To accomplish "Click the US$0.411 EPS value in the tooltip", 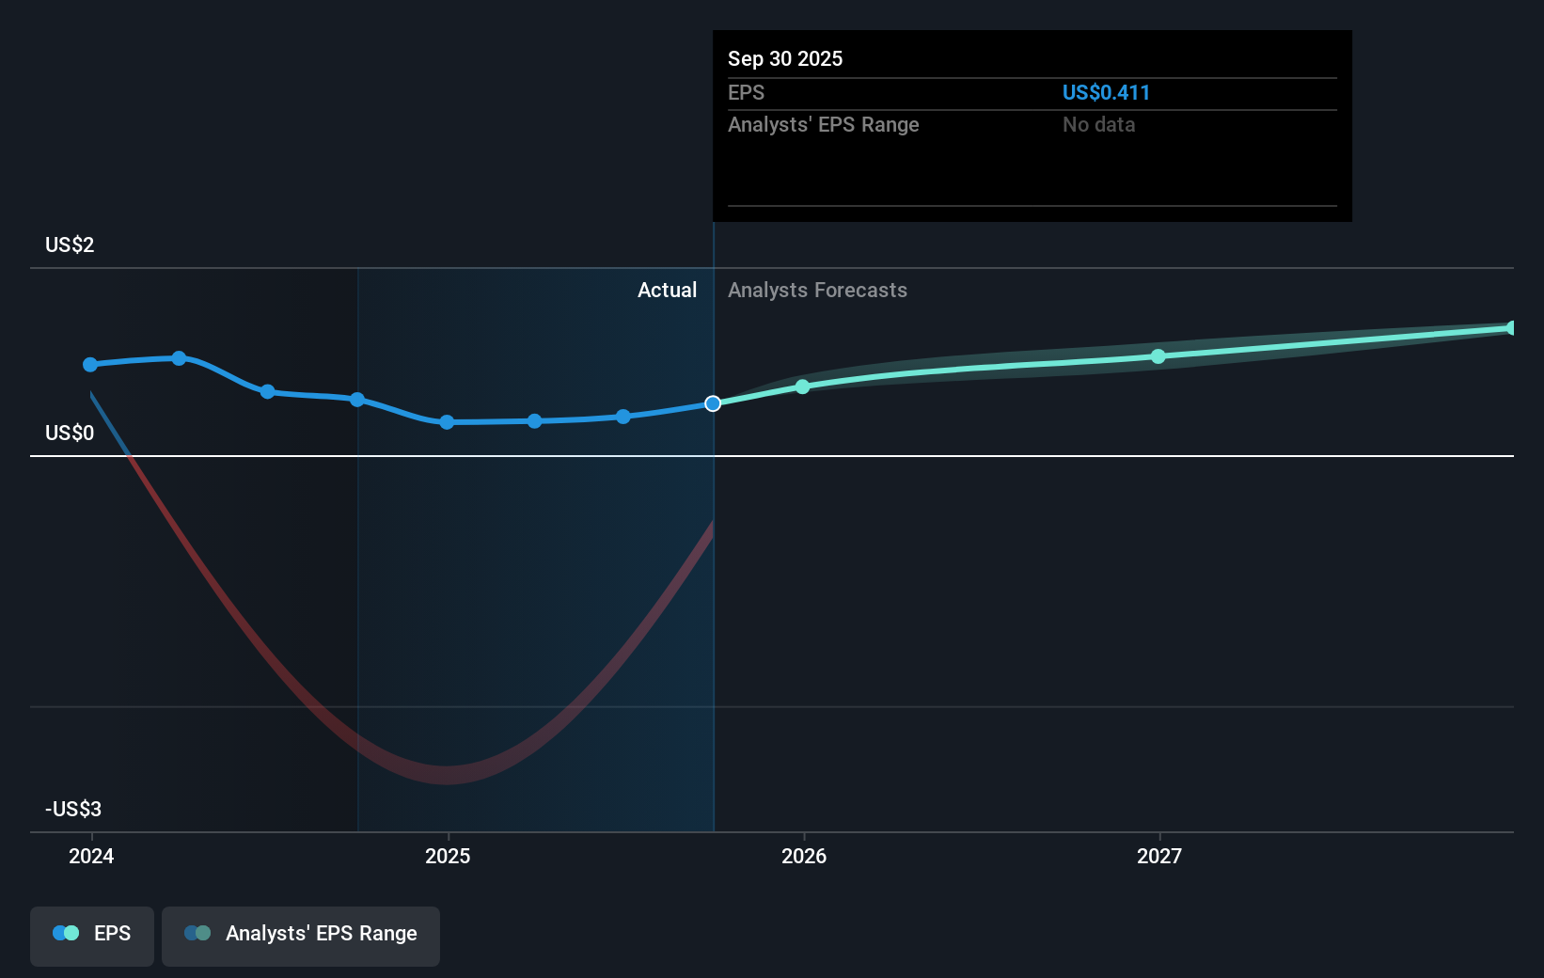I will (x=1106, y=92).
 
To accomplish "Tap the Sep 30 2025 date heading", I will (x=785, y=58).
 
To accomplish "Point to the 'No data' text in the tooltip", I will (x=1098, y=124).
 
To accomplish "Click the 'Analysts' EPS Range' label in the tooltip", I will (x=823, y=124).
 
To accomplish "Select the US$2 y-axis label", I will (x=70, y=244).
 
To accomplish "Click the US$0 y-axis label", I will (x=70, y=433).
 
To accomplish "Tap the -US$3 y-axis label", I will (x=73, y=809).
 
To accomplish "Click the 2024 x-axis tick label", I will (x=91, y=856).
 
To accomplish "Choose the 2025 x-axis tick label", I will (x=448, y=856).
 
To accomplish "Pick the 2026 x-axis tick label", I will (x=804, y=856).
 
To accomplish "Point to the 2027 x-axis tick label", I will (x=1159, y=856).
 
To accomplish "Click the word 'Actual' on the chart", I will (x=667, y=290).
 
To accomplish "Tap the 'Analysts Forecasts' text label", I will (x=817, y=290).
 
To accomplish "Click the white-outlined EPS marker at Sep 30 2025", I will (x=713, y=403).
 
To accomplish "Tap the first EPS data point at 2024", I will (x=90, y=364).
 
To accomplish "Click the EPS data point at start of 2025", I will (x=447, y=422).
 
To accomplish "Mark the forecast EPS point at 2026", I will (x=802, y=386).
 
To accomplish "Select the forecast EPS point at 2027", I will (x=1158, y=356).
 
